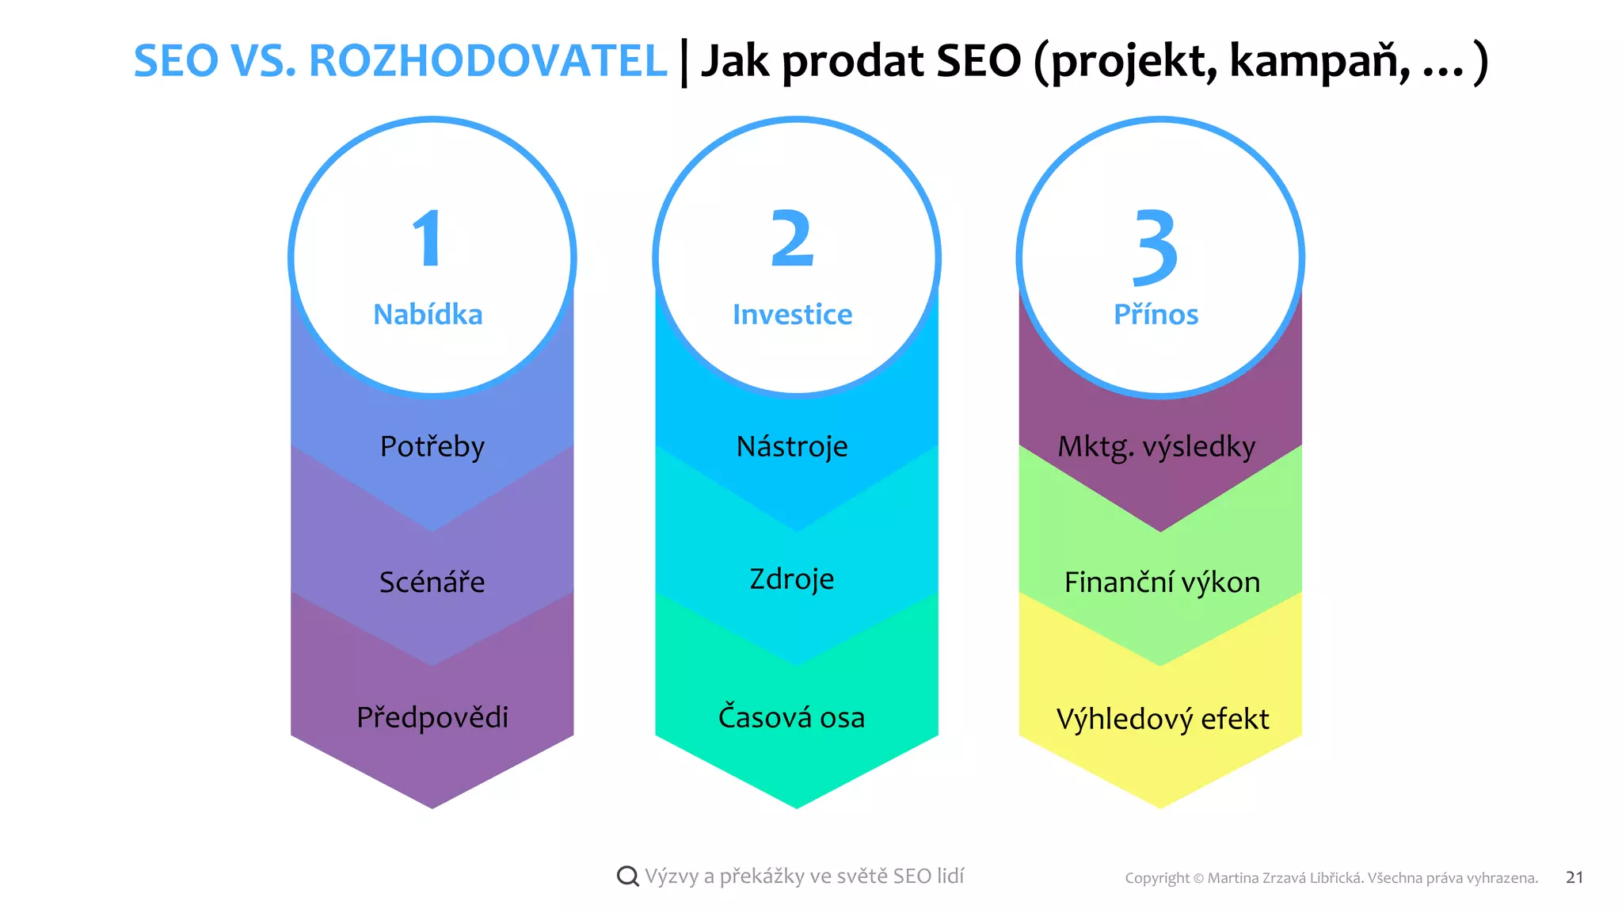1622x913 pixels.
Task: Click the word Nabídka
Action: point(428,315)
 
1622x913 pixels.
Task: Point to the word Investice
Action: point(792,315)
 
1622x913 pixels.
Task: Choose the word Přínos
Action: point(1156,315)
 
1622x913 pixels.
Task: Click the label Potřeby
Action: point(432,447)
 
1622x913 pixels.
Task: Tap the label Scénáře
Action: point(432,583)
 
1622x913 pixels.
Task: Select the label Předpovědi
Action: point(432,717)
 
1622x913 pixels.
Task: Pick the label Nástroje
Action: point(792,447)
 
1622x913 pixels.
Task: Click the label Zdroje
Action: point(792,579)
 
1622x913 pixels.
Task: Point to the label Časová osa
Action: point(791,717)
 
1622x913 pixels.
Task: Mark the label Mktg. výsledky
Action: point(1156,447)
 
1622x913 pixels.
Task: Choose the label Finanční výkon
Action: point(1162,583)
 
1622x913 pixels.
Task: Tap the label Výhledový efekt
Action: point(1162,719)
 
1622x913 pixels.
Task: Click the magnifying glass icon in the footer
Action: point(627,876)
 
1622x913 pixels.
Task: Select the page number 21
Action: point(1574,877)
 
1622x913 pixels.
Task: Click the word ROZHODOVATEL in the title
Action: point(488,61)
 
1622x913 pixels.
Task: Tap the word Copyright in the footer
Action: point(1157,878)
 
